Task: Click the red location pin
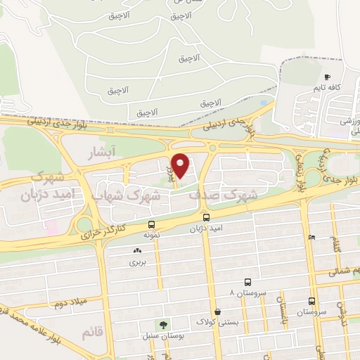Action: point(181,165)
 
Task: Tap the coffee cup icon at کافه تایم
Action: point(327,77)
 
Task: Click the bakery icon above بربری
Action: point(136,250)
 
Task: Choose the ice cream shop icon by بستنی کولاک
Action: point(217,311)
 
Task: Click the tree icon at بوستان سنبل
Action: point(163,325)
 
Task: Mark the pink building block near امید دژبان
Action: point(51,227)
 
